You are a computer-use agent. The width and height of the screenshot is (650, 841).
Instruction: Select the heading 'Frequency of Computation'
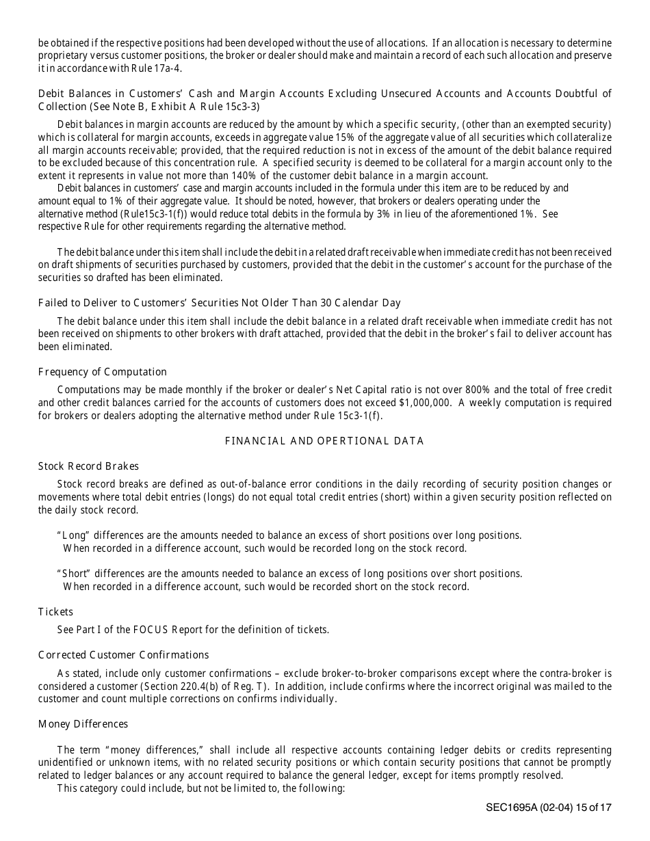point(103,372)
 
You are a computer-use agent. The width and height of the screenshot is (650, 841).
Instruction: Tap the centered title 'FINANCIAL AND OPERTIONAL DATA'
point(324,441)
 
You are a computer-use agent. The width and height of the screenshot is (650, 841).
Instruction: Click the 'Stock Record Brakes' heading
point(88,466)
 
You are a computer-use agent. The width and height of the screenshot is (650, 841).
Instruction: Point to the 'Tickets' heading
point(55,612)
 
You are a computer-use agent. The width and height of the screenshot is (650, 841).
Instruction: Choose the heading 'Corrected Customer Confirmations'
point(123,655)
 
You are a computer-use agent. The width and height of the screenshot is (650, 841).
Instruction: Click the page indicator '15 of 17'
point(590,807)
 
